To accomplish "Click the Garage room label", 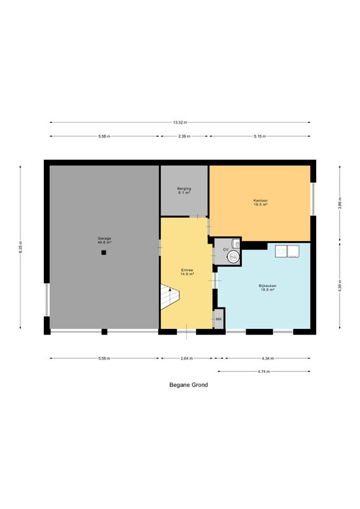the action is tap(104, 241).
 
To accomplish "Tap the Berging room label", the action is tap(184, 190).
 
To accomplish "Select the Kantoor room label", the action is tap(260, 202).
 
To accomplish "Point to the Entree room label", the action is tap(187, 272).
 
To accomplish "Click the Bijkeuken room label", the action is tap(268, 288).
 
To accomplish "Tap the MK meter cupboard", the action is tap(219, 319).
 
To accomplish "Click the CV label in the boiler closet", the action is tap(226, 249).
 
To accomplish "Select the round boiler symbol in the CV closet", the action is tap(233, 256).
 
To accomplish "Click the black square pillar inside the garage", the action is tap(104, 252).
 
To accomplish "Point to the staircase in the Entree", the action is tap(169, 296).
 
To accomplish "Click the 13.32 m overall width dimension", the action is tap(180, 122).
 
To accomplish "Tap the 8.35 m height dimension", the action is tap(20, 247).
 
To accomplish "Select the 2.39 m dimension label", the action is tap(184, 136).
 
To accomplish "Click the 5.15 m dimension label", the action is tap(260, 136).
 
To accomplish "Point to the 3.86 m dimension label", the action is tap(340, 203).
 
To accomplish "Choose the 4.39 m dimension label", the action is tap(340, 286).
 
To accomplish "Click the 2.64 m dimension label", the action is tap(186, 358).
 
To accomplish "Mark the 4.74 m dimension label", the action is tap(264, 372).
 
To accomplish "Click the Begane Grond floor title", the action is tap(189, 385).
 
